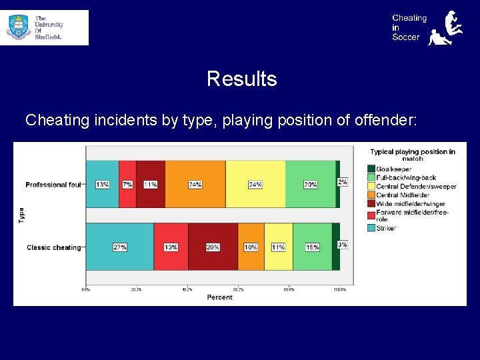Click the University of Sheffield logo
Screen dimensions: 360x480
pyautogui.click(x=44, y=27)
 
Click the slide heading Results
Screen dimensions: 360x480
pyautogui.click(x=241, y=79)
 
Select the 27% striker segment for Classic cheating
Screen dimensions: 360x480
pyautogui.click(x=120, y=247)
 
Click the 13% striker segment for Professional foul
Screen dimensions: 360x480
pyautogui.click(x=103, y=184)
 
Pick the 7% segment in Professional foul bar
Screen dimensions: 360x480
pyautogui.click(x=127, y=184)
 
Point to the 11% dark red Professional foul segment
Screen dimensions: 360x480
pyautogui.click(x=151, y=184)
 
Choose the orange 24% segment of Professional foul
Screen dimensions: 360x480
pyautogui.click(x=195, y=184)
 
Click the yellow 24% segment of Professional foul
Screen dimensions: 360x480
pyautogui.click(x=255, y=184)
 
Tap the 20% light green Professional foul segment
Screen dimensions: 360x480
pyautogui.click(x=310, y=184)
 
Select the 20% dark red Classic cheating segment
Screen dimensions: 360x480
pyautogui.click(x=213, y=247)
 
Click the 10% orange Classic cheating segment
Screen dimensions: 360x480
pyautogui.click(x=251, y=247)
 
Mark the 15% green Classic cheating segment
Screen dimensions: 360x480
pyautogui.click(x=312, y=247)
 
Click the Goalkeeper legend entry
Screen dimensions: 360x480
pyautogui.click(x=393, y=168)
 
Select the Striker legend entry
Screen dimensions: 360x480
pyautogui.click(x=385, y=228)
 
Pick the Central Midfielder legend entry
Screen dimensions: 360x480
pyautogui.click(x=402, y=195)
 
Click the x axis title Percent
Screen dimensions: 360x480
pyautogui.click(x=219, y=297)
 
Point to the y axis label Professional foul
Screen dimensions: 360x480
pyautogui.click(x=53, y=185)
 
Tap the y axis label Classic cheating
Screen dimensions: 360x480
pyautogui.click(x=53, y=247)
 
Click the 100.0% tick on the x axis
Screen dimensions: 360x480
pyautogui.click(x=339, y=289)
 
